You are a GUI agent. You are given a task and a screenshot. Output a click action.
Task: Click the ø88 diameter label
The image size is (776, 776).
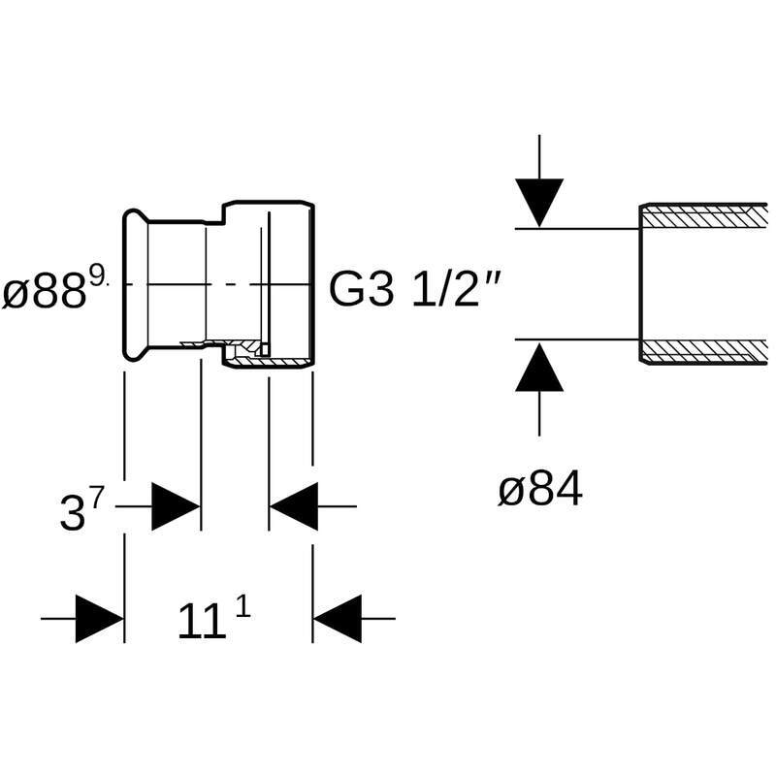coord(47,291)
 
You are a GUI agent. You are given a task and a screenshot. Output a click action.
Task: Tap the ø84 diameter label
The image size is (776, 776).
coord(540,491)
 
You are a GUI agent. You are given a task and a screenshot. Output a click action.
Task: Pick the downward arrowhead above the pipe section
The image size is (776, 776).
coord(539,203)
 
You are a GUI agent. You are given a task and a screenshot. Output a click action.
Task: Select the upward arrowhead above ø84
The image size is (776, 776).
coord(539,368)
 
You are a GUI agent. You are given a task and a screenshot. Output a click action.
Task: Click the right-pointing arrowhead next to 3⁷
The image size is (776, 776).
coord(176,506)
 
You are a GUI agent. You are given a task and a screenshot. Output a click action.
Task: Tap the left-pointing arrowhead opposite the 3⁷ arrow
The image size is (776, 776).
coord(294,506)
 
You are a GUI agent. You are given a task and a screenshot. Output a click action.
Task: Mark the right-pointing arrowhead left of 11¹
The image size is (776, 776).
coord(99,618)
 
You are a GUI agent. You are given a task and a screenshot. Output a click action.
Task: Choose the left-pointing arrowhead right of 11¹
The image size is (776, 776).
coord(337,618)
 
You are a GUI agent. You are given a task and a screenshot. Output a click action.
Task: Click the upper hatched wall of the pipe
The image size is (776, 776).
coord(704,215)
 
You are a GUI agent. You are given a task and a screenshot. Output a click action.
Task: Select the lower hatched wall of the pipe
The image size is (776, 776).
coord(704,350)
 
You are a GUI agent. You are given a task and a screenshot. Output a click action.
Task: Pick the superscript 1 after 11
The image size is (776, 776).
coord(242,608)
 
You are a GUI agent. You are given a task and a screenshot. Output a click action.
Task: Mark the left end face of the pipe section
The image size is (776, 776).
coord(641,283)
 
